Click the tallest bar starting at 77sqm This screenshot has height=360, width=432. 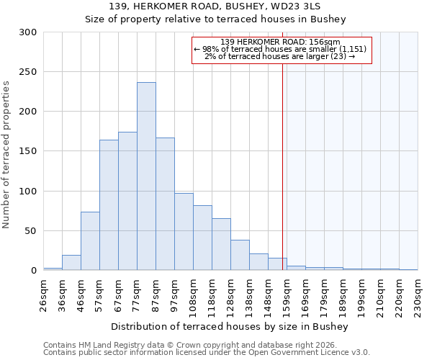(x=146, y=176)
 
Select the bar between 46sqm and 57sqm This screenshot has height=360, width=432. (x=90, y=241)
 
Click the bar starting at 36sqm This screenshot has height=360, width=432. (x=71, y=263)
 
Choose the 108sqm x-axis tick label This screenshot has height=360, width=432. (x=194, y=294)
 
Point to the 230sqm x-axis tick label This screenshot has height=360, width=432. (x=418, y=294)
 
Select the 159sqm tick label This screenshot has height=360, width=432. (x=287, y=294)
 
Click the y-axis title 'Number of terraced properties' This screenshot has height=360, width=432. (x=6, y=155)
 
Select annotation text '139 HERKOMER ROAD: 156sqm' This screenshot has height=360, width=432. (x=280, y=42)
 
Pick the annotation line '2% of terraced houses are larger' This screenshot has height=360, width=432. (x=280, y=56)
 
